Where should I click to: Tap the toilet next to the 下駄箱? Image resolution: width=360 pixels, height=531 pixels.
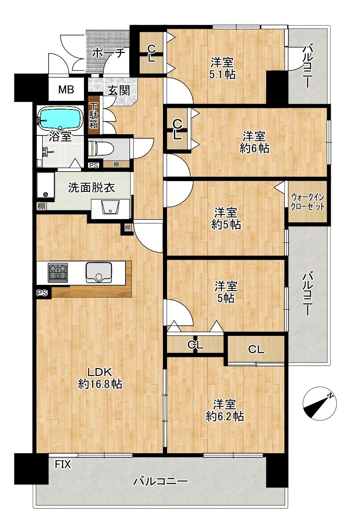[101, 149]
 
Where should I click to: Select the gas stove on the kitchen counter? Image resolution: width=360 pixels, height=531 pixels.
[58, 272]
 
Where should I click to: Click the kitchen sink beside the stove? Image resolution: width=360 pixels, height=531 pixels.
[98, 272]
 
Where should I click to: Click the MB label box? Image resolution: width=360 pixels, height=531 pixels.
[66, 89]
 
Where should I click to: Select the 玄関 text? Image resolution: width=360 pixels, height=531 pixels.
[119, 90]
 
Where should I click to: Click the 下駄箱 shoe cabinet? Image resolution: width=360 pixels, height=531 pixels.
[93, 115]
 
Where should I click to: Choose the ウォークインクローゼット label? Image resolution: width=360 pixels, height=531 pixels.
[307, 202]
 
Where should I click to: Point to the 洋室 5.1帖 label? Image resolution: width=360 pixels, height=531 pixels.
[222, 68]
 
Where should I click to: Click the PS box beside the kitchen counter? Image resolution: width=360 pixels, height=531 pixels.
[42, 293]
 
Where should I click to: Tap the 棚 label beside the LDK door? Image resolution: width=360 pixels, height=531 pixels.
[128, 228]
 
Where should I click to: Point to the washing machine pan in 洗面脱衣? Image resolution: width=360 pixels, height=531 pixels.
[46, 185]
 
